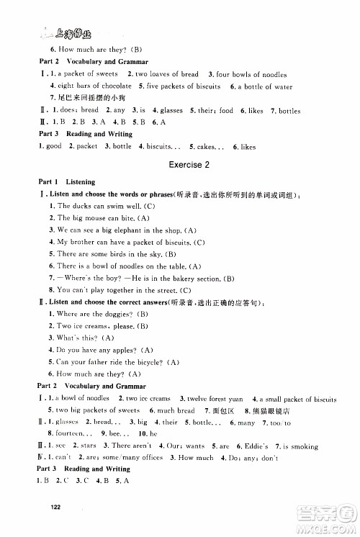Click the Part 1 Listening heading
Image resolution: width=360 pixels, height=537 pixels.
58,182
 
